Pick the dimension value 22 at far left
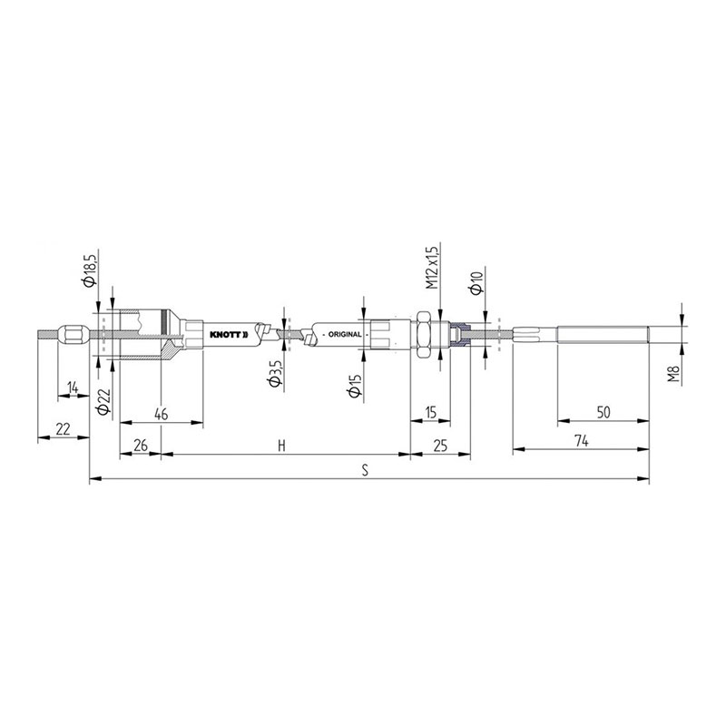click(63, 428)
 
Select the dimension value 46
click(161, 414)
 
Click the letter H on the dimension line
click(282, 445)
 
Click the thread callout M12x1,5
click(433, 266)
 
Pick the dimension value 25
click(440, 445)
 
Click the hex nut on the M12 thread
click(423, 333)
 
